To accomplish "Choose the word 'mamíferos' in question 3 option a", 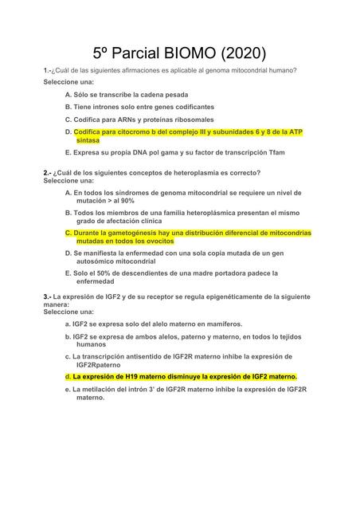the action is click(x=221, y=324).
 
